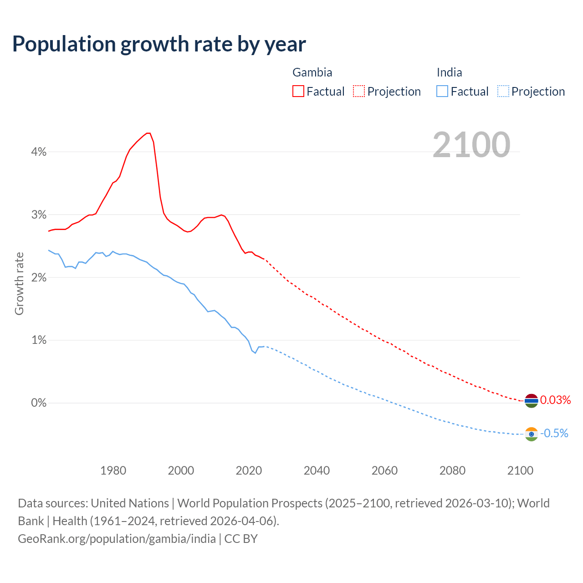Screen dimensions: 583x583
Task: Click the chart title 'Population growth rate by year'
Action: [x=159, y=44]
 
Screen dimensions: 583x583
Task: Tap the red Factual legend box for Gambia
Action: [x=298, y=91]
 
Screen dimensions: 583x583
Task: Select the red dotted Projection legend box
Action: [x=359, y=91]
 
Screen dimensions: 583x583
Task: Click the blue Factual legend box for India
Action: [x=442, y=91]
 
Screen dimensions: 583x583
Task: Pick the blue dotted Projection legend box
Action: [x=503, y=91]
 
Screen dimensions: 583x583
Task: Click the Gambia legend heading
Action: [x=312, y=72]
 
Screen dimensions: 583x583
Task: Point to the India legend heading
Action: [x=449, y=72]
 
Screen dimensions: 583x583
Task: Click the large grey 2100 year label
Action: [x=471, y=145]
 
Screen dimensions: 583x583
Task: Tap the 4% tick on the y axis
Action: [x=39, y=152]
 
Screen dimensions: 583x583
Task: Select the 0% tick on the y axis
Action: [x=39, y=403]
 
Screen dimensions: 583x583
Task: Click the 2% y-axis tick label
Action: [x=39, y=277]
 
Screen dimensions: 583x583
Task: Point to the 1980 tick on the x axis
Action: [x=113, y=470]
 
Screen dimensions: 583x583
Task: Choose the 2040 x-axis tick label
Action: [x=317, y=470]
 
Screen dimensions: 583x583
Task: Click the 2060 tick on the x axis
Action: [x=384, y=470]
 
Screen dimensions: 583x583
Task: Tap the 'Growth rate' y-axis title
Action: [x=19, y=283]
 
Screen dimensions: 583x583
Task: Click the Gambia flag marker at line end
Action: [x=531, y=401]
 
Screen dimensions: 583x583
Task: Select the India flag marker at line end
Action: [x=531, y=434]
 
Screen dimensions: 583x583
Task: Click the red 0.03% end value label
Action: [x=555, y=400]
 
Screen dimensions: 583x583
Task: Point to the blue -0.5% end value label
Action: [x=554, y=434]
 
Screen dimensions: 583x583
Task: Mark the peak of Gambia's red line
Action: [x=148, y=133]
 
